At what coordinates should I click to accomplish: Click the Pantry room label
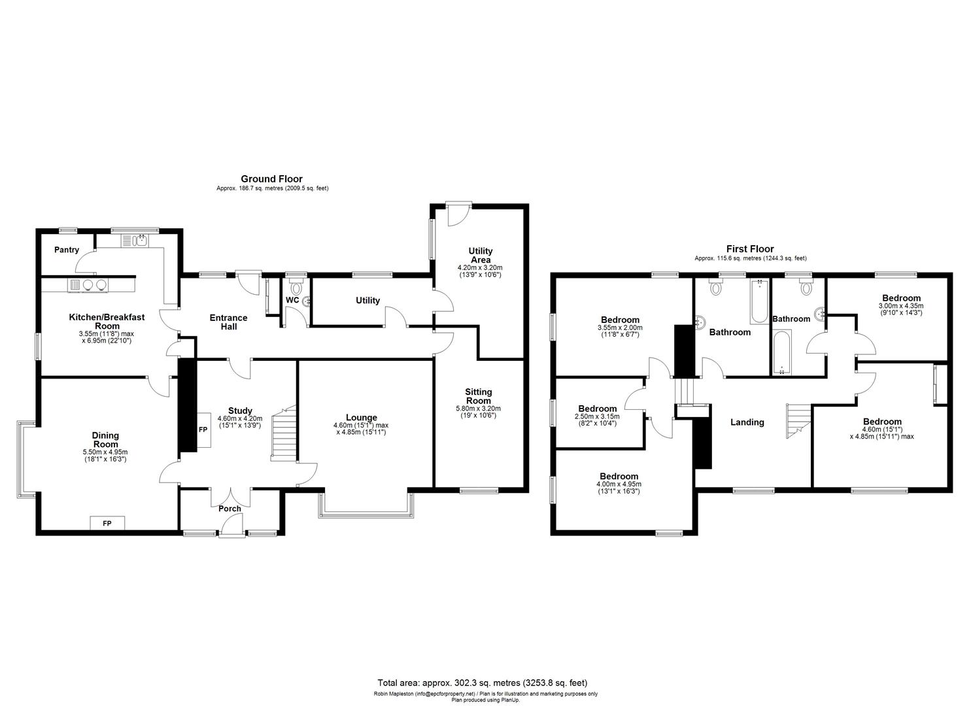pyautogui.click(x=67, y=250)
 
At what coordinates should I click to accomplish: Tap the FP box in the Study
pyautogui.click(x=202, y=431)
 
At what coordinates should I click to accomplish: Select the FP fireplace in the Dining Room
pyautogui.click(x=107, y=523)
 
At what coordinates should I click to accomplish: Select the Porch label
pyautogui.click(x=230, y=509)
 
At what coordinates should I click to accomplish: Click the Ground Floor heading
pyautogui.click(x=271, y=178)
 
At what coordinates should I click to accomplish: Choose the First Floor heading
pyautogui.click(x=750, y=248)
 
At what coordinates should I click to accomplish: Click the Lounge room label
pyautogui.click(x=361, y=418)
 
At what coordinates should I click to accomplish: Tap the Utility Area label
pyautogui.click(x=480, y=256)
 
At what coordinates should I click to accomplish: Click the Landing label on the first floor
pyautogui.click(x=747, y=422)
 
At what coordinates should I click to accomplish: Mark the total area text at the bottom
pyautogui.click(x=482, y=683)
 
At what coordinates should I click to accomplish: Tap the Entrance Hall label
pyautogui.click(x=228, y=322)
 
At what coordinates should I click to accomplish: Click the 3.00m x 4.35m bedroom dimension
pyautogui.click(x=900, y=309)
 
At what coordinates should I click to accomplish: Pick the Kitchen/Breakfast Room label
pyautogui.click(x=107, y=321)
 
